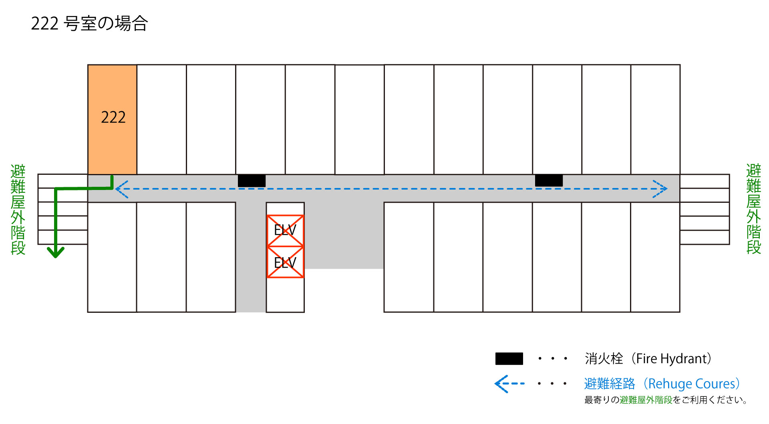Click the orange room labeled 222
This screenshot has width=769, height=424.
[112, 119]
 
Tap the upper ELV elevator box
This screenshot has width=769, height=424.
[285, 231]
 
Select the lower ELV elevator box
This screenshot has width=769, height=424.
[285, 262]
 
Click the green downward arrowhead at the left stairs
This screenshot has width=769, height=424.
[56, 252]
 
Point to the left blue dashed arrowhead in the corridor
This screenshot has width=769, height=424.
[121, 189]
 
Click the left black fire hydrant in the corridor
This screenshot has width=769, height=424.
[252, 181]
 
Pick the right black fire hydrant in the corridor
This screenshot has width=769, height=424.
[549, 180]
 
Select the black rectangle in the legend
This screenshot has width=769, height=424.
[509, 358]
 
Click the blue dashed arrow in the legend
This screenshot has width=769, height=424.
[509, 384]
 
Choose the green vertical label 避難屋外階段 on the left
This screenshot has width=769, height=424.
[18, 209]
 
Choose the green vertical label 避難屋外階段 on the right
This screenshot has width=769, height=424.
[753, 209]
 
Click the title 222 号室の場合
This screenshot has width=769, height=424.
[89, 24]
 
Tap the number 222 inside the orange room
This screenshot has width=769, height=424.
[113, 117]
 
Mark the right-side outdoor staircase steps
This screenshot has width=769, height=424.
[705, 209]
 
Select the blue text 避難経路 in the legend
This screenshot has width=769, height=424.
[610, 384]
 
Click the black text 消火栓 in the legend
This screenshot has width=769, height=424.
[604, 359]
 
